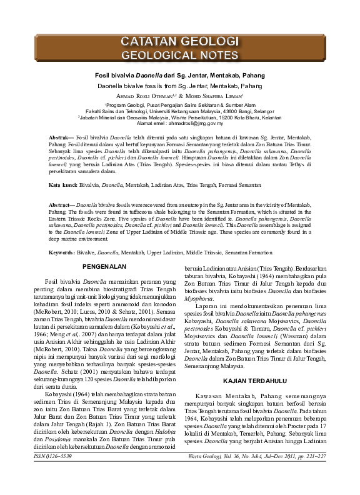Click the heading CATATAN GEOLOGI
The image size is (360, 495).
tap(179, 42)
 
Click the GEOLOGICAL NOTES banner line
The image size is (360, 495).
tap(179, 54)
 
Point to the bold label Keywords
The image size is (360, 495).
tap(64, 252)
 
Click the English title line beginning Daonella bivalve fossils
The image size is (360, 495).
tap(179, 84)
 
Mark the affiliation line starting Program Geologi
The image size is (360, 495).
tap(180, 105)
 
